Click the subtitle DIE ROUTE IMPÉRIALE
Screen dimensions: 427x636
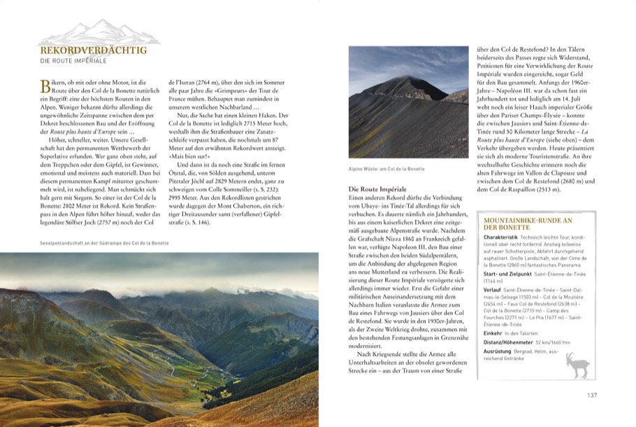click(73, 62)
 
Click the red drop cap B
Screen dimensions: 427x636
click(46, 86)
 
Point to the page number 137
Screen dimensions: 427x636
click(591, 395)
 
